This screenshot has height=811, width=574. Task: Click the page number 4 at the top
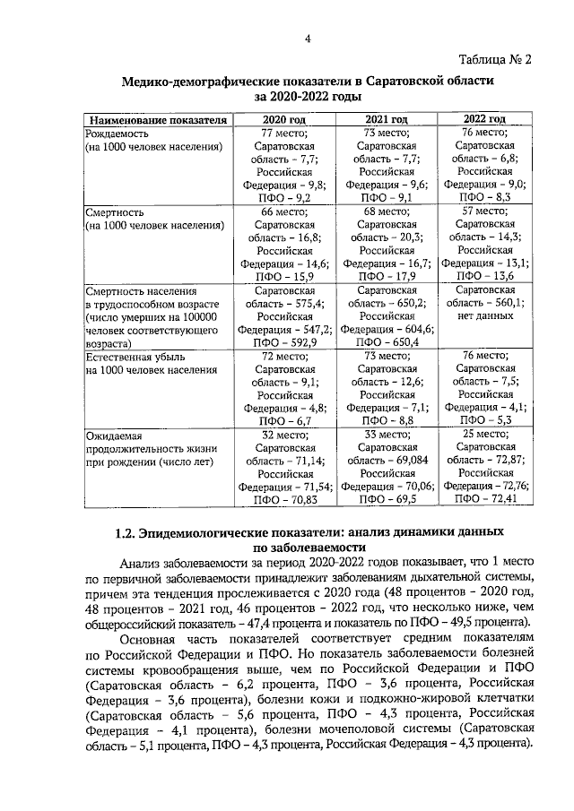tap(308, 38)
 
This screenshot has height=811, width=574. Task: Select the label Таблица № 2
tap(495, 61)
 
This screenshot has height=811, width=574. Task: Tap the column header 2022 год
tap(484, 119)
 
